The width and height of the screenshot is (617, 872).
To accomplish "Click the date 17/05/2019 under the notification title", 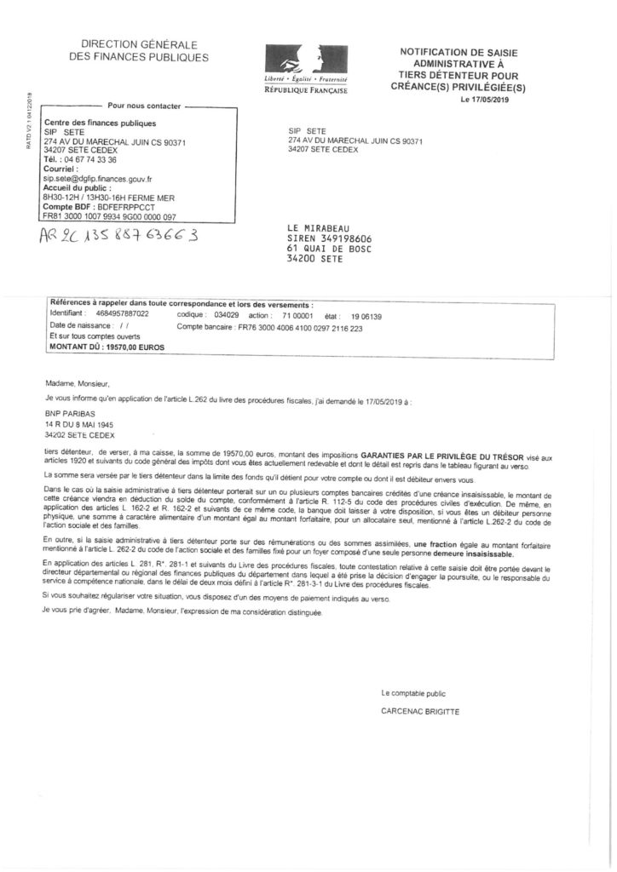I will click(487, 100).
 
